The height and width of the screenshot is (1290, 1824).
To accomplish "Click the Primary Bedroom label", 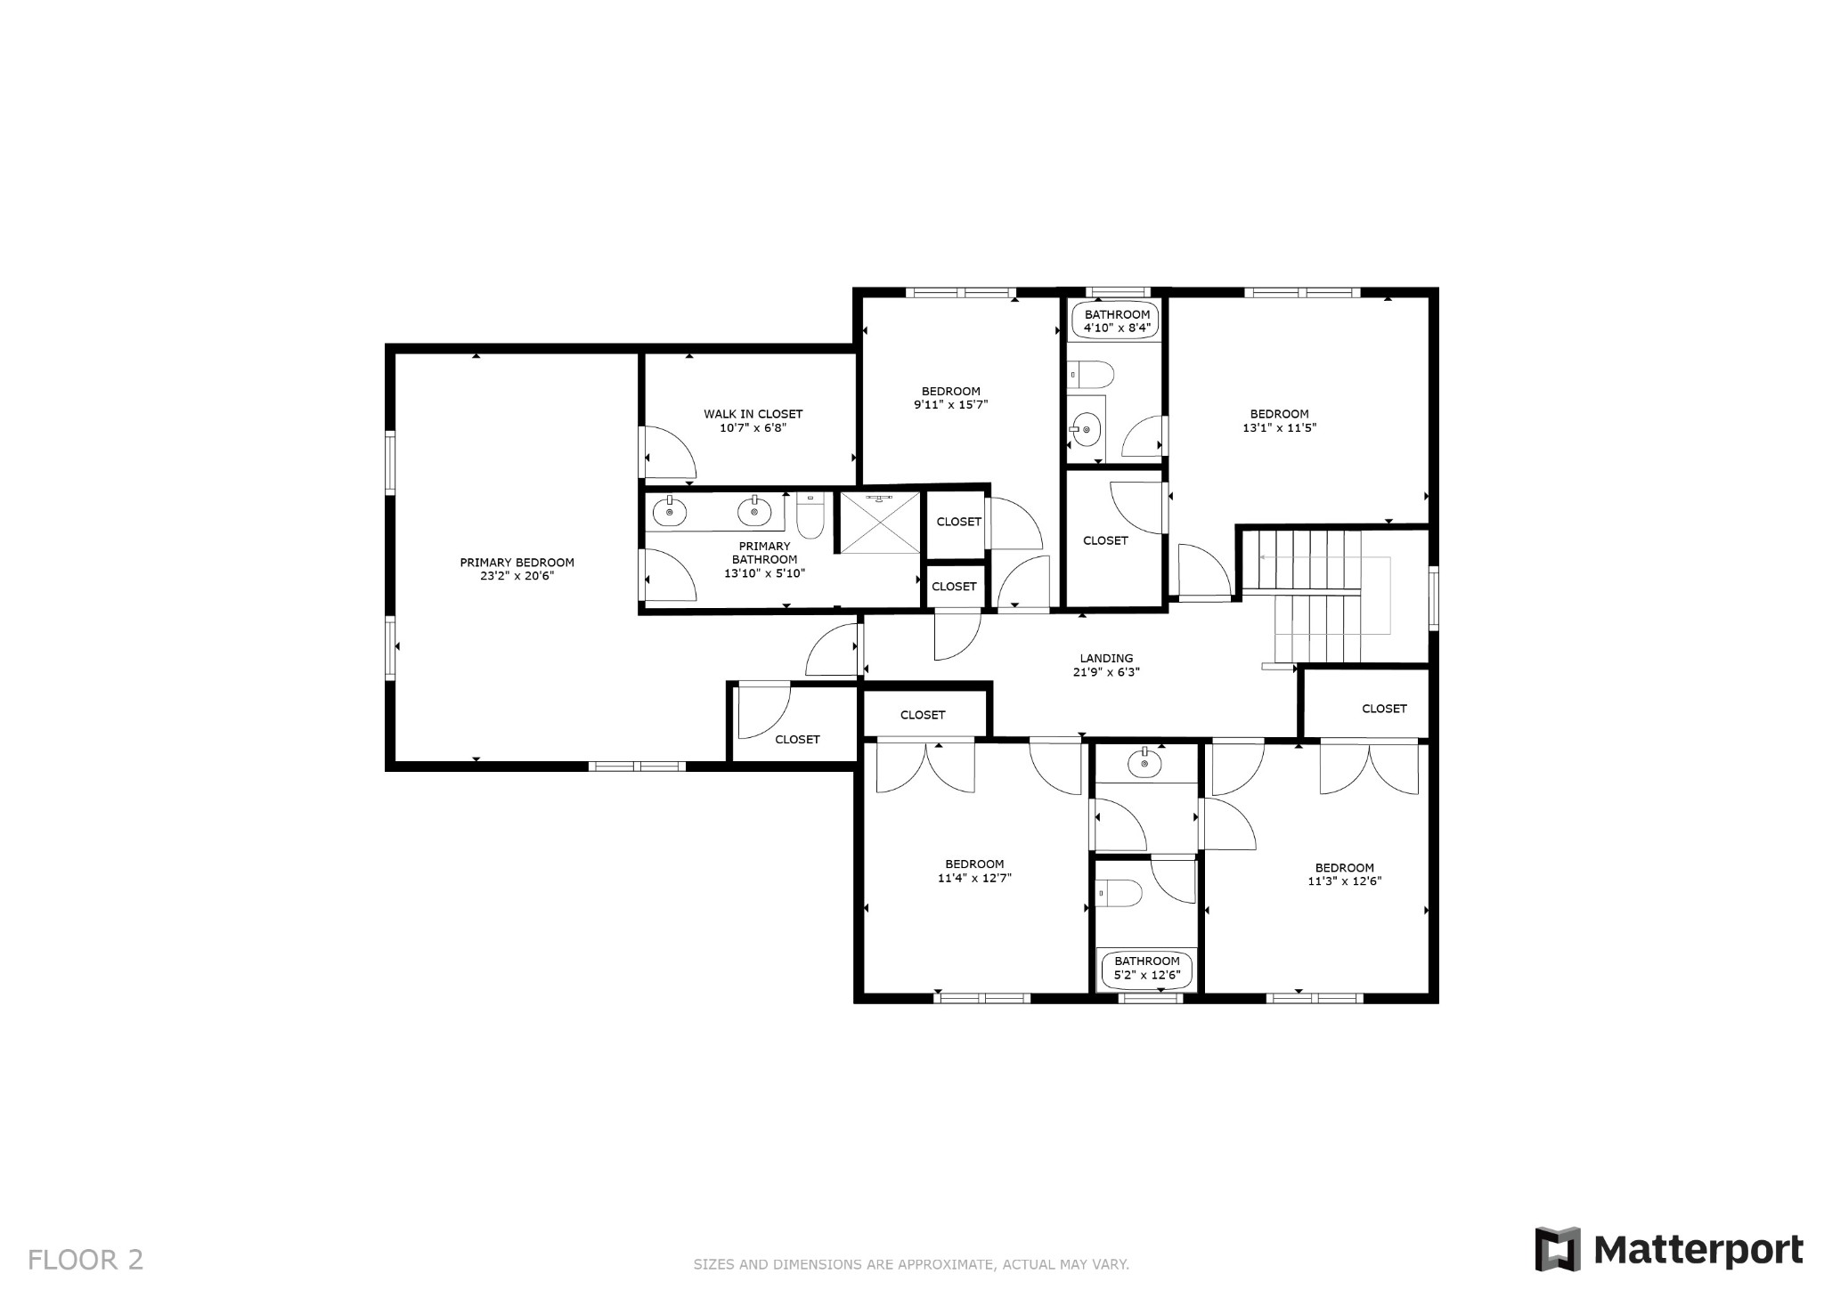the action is [517, 563].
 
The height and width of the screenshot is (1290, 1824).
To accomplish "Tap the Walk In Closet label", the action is [753, 414].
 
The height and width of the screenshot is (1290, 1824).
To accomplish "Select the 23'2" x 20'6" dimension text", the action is [517, 576].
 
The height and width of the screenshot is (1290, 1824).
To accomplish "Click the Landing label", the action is [1106, 659].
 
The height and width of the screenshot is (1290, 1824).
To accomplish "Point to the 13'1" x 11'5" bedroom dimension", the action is [1279, 427].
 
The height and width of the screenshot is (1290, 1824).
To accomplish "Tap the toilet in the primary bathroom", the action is [809, 515].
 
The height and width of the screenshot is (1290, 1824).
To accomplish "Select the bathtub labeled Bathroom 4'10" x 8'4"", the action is [1117, 320].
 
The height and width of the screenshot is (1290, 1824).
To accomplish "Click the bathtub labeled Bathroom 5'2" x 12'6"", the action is [1146, 969].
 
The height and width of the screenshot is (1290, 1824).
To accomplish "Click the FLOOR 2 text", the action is [85, 1260].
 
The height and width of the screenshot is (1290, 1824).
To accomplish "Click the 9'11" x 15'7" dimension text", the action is [950, 404].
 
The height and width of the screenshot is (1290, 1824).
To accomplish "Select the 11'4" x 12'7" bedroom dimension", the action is [974, 878].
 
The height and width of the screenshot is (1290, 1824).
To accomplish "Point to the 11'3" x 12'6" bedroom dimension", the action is [1344, 881].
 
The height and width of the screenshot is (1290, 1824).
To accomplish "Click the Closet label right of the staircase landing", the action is [1384, 709].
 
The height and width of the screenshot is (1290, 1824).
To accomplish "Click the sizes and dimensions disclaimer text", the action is [911, 1264].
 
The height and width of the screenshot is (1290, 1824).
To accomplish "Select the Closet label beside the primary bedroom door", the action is [797, 740].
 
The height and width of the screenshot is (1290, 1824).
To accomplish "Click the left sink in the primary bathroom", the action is [669, 512].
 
